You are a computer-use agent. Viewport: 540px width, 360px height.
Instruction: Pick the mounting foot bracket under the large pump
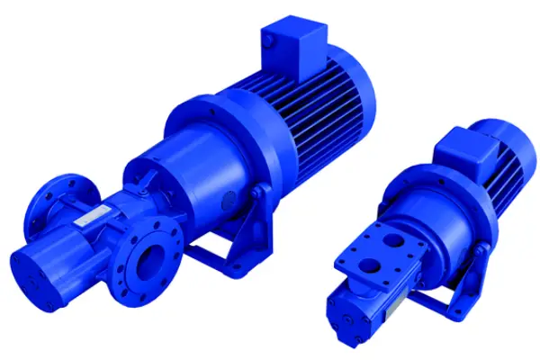point(225,236)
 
